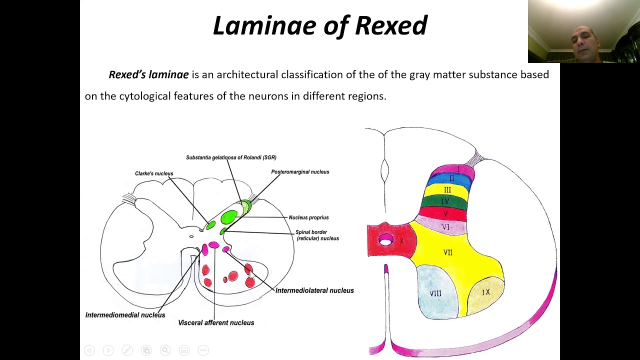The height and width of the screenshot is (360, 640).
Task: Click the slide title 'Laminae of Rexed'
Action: pyautogui.click(x=320, y=26)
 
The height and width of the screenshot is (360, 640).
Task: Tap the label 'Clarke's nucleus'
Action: pyautogui.click(x=154, y=173)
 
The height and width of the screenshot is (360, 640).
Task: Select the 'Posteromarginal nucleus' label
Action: pyautogui.click(x=300, y=172)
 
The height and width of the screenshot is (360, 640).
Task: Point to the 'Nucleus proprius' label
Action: pyautogui.click(x=308, y=217)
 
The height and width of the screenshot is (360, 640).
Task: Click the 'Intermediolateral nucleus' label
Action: pyautogui.click(x=314, y=290)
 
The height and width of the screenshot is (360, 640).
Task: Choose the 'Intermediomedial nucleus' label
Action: pyautogui.click(x=125, y=315)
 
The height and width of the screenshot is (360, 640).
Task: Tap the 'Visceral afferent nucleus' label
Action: pyautogui.click(x=216, y=323)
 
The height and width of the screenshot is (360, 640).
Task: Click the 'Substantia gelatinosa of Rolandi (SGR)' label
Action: pyautogui.click(x=231, y=157)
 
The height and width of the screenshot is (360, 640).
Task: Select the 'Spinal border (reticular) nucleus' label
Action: pyautogui.click(x=316, y=235)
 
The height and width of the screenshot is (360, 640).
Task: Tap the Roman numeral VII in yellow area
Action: pyautogui.click(x=447, y=252)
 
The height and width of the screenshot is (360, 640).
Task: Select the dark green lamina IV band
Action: pyautogui.click(x=445, y=201)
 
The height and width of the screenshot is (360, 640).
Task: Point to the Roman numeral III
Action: pyautogui.click(x=447, y=190)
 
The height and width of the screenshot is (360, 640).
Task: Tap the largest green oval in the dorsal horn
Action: pyautogui.click(x=229, y=217)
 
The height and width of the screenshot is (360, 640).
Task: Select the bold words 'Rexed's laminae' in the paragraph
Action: pyautogui.click(x=148, y=75)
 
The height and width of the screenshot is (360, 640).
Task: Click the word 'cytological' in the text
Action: pyautogui.click(x=144, y=96)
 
